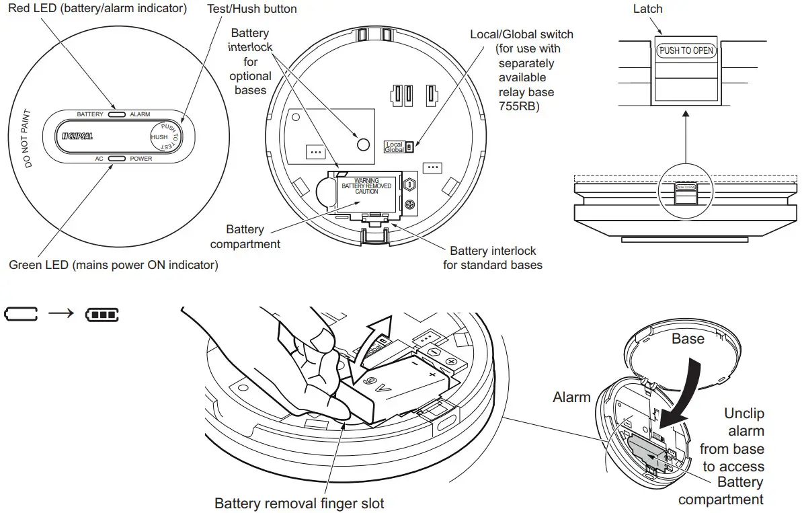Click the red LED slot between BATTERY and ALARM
(117, 114)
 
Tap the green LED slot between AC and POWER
(117, 159)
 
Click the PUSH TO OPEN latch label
(686, 50)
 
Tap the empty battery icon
(22, 314)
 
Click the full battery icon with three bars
(102, 314)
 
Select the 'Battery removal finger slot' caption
(299, 503)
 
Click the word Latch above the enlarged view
(647, 9)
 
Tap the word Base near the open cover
(688, 339)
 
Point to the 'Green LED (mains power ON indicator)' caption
(113, 265)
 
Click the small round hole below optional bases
(363, 144)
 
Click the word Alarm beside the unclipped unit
(571, 397)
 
